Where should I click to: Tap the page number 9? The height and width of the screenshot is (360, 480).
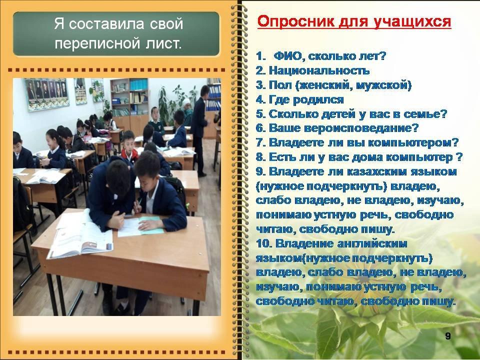coord(448,336)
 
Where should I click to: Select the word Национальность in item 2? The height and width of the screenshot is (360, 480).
coord(319,70)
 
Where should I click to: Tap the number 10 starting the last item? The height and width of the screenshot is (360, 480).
coord(263,244)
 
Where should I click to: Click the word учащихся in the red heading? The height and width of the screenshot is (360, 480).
coord(413,22)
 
